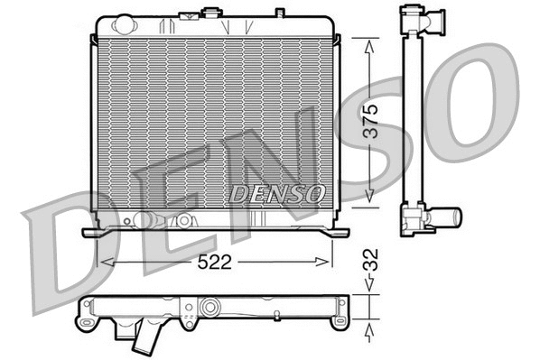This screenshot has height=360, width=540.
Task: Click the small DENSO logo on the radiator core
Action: point(277,193)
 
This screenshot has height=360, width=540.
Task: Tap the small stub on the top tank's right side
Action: point(279,13)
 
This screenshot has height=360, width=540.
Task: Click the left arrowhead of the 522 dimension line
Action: point(102,262)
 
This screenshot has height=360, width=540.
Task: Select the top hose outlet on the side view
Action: point(433,20)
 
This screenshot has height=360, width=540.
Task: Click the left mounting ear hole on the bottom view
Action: point(86,320)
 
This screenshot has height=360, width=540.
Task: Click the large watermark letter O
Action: point(479,104)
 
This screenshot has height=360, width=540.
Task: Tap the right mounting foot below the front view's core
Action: point(338,233)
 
